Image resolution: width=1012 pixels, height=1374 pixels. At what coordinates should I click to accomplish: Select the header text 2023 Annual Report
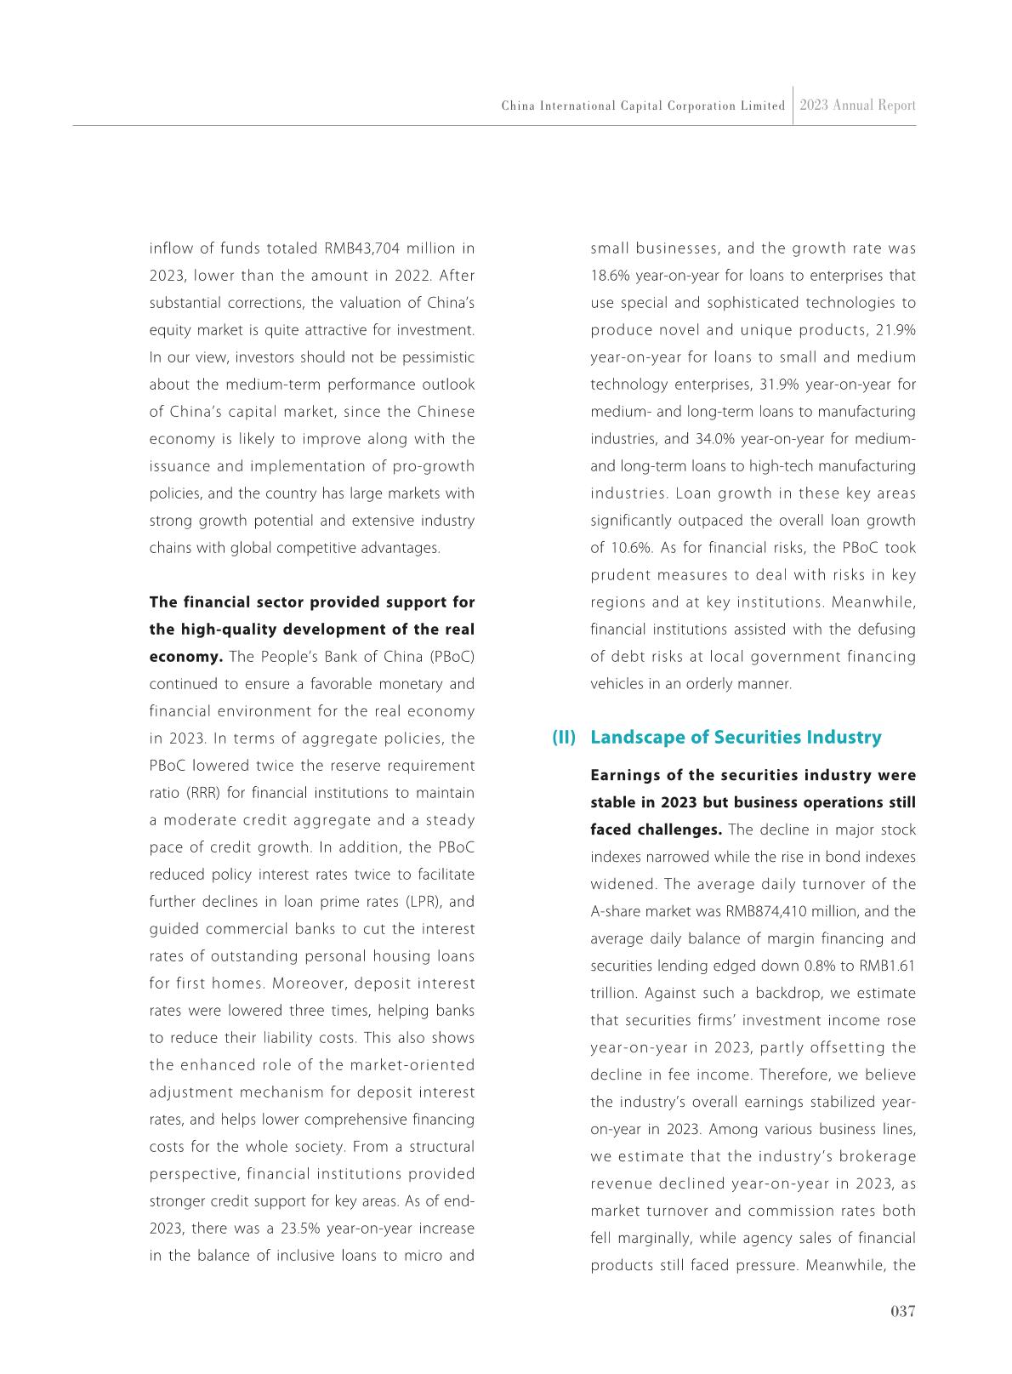[x=857, y=105]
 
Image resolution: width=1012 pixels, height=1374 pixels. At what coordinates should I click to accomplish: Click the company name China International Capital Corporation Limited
[x=643, y=106]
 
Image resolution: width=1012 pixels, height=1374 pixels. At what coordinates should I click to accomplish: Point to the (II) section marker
[x=564, y=738]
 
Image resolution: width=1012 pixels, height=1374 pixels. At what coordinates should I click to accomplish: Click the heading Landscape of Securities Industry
[x=736, y=738]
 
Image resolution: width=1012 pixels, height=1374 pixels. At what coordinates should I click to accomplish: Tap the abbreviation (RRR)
[x=204, y=793]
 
